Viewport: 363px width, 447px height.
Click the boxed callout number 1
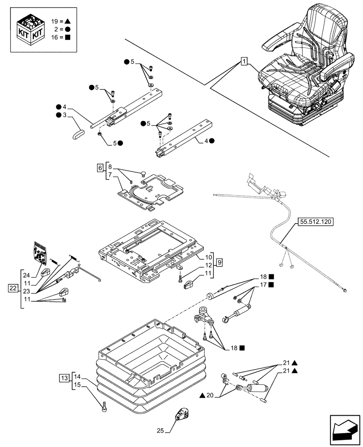click(x=244, y=61)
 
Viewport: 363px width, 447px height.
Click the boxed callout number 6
click(x=99, y=168)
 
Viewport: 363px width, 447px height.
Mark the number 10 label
click(x=208, y=258)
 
